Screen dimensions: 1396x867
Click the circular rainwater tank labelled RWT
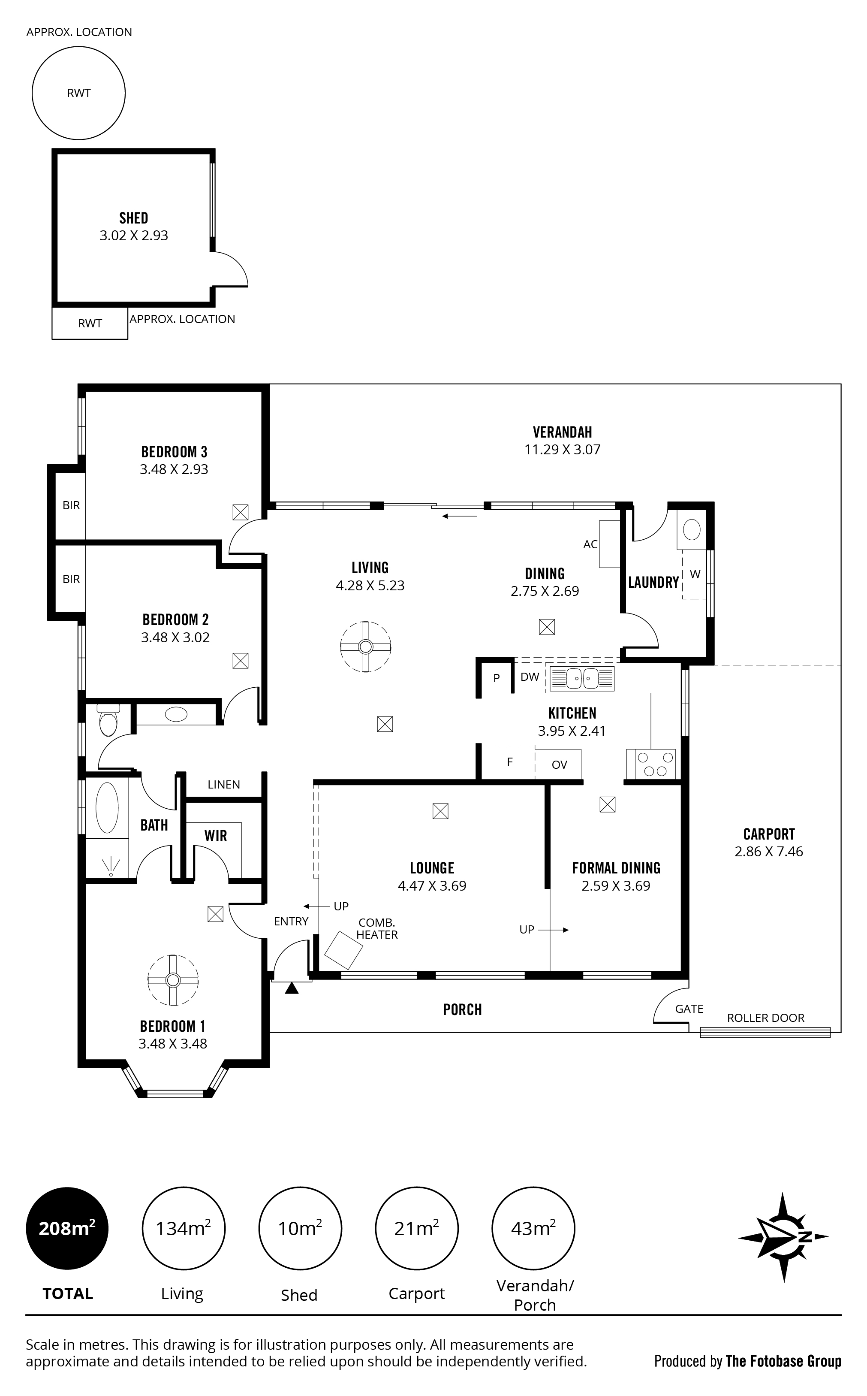point(78,93)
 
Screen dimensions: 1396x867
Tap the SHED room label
point(134,218)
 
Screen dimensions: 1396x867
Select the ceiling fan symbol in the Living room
point(365,647)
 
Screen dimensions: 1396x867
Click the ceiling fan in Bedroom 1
point(173,980)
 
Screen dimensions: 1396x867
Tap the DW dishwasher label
point(529,677)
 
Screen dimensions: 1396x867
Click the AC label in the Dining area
point(590,544)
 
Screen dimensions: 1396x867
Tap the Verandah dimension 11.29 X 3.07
point(562,450)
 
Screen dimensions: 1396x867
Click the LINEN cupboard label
point(224,785)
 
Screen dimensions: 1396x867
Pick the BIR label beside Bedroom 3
point(71,505)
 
